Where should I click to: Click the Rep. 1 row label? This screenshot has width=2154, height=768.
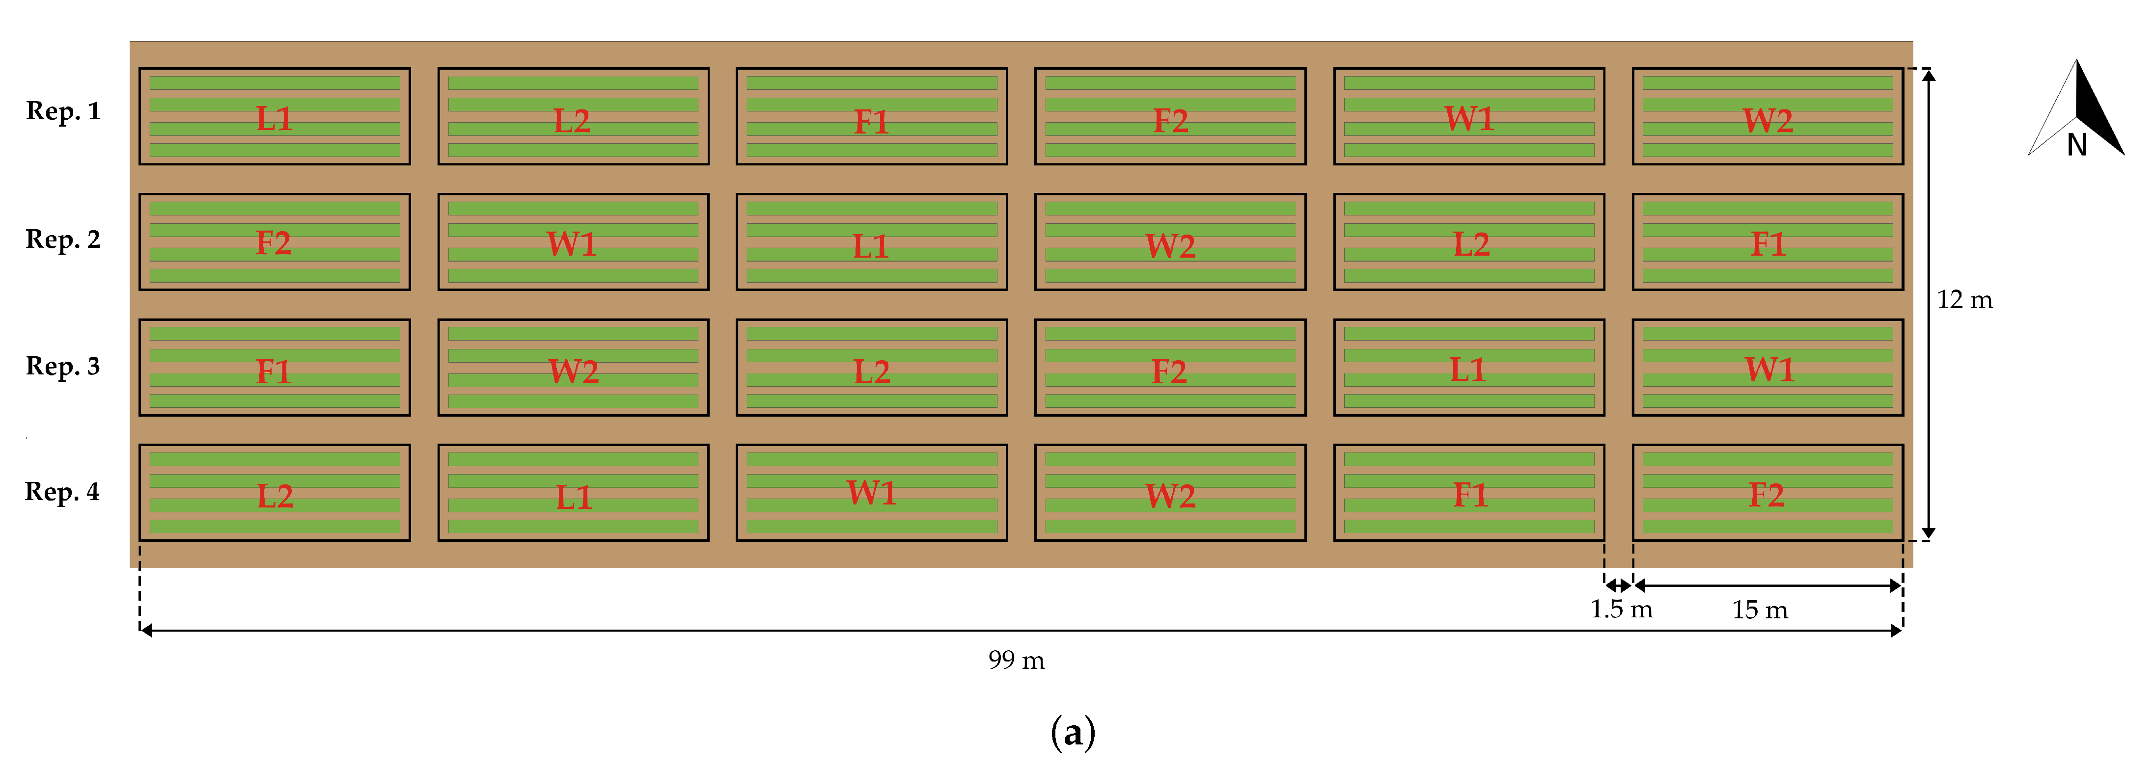(x=63, y=111)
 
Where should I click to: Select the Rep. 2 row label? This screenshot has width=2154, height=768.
(x=63, y=240)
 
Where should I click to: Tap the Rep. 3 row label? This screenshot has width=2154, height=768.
(x=63, y=366)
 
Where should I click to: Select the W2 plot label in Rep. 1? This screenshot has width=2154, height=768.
(x=1767, y=120)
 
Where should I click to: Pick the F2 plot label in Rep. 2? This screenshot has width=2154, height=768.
(x=274, y=243)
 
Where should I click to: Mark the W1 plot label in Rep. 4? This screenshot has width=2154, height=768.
(x=871, y=493)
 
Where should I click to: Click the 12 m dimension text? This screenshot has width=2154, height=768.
(x=1964, y=300)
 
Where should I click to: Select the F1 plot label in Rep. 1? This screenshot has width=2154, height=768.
(x=871, y=122)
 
